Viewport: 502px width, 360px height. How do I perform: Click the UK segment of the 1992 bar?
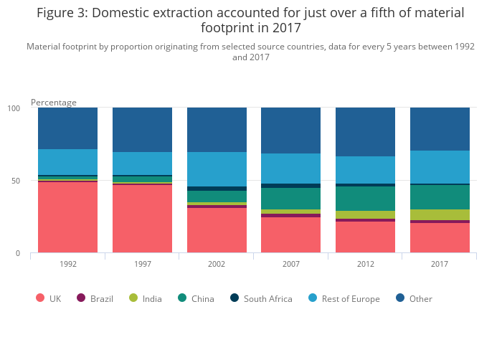[67, 217]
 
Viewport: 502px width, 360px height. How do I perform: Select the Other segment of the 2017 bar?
[440, 129]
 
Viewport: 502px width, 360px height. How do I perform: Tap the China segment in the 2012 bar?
[365, 199]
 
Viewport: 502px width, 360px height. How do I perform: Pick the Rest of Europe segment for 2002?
[217, 169]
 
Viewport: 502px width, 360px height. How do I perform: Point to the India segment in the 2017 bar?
[440, 214]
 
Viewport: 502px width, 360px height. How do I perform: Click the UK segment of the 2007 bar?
[290, 235]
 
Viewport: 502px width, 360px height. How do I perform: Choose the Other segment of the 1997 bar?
[142, 130]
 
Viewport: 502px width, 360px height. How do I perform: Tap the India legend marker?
[133, 298]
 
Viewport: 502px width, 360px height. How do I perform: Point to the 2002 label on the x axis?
[217, 264]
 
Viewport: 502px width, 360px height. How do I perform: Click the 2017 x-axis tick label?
[440, 264]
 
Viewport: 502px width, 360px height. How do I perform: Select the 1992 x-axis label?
[67, 264]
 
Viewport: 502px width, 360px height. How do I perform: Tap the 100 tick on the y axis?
[14, 108]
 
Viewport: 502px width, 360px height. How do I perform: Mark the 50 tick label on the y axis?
[16, 181]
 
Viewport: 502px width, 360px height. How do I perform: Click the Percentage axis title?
[54, 103]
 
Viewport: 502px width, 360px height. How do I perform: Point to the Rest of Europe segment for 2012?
[365, 170]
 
